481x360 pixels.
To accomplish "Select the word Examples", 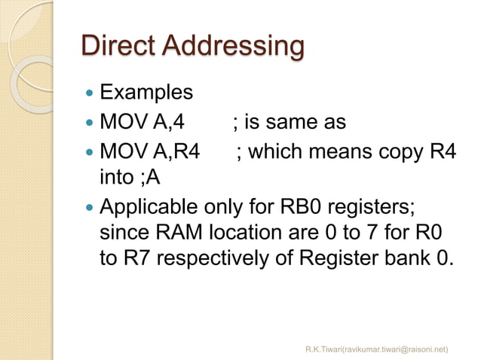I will tap(146, 93).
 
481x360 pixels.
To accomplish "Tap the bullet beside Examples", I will tap(90, 94).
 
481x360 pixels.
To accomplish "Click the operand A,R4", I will tap(178, 150).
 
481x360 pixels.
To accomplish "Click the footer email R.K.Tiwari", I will tap(376, 349).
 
